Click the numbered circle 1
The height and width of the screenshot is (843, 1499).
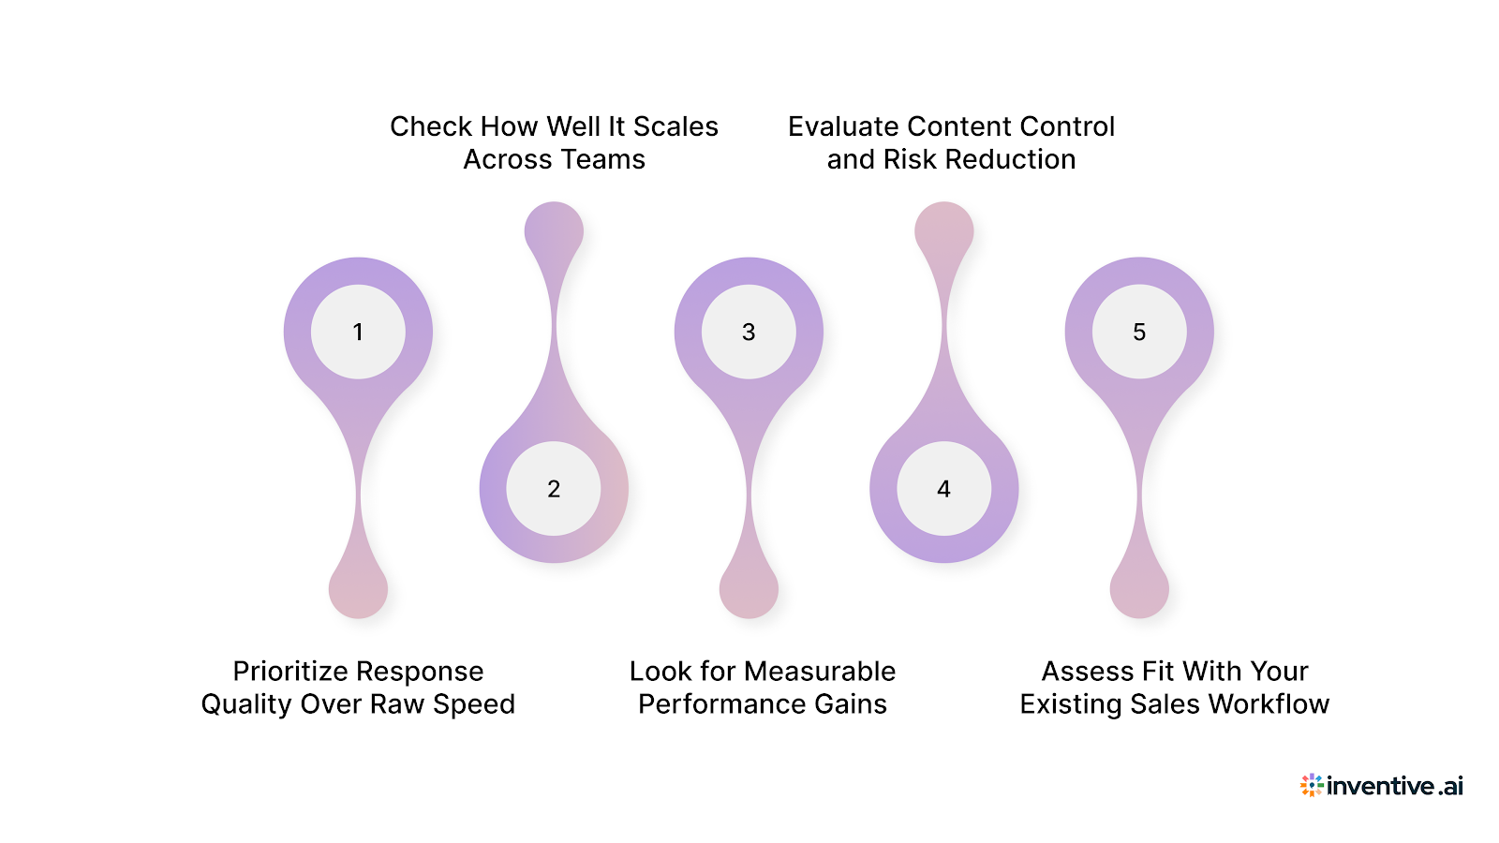(358, 332)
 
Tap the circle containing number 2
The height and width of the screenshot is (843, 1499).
(554, 488)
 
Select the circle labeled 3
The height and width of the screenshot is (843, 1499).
(749, 332)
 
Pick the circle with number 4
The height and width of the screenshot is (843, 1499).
(943, 488)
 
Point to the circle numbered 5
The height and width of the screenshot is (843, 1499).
(1139, 332)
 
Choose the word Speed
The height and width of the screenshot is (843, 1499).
(474, 704)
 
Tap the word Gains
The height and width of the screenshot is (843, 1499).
(850, 704)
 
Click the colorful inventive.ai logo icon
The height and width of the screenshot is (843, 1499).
(1312, 785)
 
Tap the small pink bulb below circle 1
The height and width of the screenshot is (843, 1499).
(358, 590)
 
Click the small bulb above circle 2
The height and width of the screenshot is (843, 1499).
(554, 230)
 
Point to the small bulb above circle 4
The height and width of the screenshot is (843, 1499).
(943, 230)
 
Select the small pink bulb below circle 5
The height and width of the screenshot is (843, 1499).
(1139, 590)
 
